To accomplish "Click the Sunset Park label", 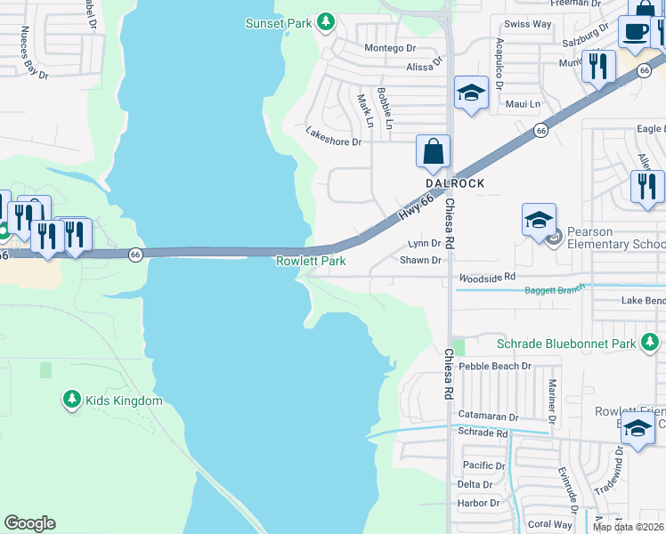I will click(x=279, y=22).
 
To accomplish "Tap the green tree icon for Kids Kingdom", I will click(x=71, y=400).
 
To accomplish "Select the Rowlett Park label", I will click(x=311, y=261).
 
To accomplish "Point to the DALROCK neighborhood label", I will click(x=454, y=183).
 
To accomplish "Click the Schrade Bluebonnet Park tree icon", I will click(x=651, y=342).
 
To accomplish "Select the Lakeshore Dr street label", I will click(x=334, y=136).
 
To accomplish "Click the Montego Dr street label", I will click(x=390, y=47).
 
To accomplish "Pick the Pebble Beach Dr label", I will click(x=495, y=366).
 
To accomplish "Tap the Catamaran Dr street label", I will click(x=488, y=416).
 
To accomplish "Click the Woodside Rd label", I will click(x=487, y=278).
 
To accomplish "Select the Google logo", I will click(x=29, y=523).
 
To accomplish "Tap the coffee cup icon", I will click(x=634, y=33).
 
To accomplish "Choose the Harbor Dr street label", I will click(x=479, y=503).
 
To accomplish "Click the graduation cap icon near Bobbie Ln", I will click(x=471, y=92).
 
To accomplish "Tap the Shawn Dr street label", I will click(x=420, y=260).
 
